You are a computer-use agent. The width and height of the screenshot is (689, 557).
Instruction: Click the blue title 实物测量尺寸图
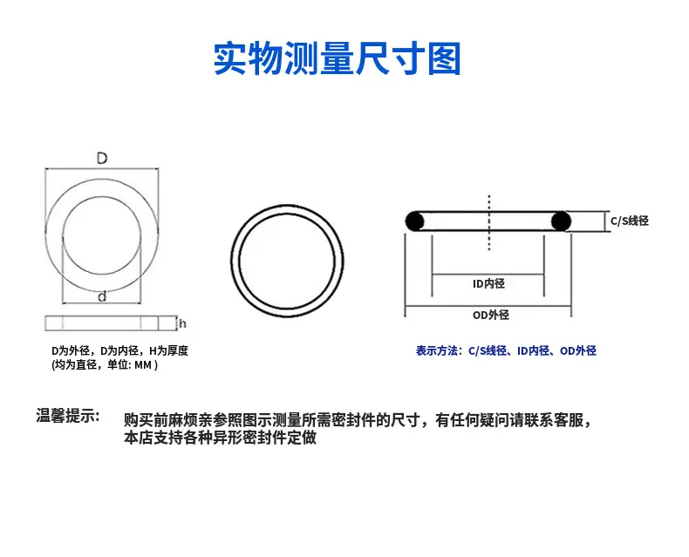tap(337, 58)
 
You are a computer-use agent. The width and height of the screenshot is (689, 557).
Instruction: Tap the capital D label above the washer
tap(102, 158)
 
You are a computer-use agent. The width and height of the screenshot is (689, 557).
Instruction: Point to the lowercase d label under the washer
tap(102, 297)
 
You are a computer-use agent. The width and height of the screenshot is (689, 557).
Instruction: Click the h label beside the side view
tap(182, 323)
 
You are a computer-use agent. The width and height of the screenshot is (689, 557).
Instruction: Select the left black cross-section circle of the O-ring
tap(414, 221)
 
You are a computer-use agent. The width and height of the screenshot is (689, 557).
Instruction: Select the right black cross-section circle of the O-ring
tap(561, 221)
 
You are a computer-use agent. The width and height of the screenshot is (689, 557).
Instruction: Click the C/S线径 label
tap(630, 221)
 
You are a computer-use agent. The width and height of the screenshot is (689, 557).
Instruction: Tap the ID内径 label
tap(488, 284)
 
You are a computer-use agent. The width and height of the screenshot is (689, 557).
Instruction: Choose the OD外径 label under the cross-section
tap(491, 315)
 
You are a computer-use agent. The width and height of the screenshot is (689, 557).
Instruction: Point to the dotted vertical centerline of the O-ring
tap(489, 222)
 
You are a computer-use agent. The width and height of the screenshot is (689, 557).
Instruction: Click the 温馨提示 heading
tap(68, 415)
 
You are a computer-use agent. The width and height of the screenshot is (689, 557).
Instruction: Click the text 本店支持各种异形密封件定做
tap(220, 438)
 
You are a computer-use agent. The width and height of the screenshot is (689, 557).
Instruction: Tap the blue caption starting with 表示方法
tap(506, 350)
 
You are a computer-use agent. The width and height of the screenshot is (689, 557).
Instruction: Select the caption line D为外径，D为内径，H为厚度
tap(120, 350)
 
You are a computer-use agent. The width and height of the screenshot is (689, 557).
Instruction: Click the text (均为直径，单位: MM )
tap(105, 364)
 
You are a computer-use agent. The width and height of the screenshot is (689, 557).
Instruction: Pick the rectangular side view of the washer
tap(102, 323)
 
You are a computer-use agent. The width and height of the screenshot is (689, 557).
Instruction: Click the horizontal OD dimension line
tap(488, 306)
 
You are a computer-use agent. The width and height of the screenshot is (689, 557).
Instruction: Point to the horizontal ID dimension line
tap(488, 275)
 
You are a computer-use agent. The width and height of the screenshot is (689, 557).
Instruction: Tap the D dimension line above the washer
tap(102, 168)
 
